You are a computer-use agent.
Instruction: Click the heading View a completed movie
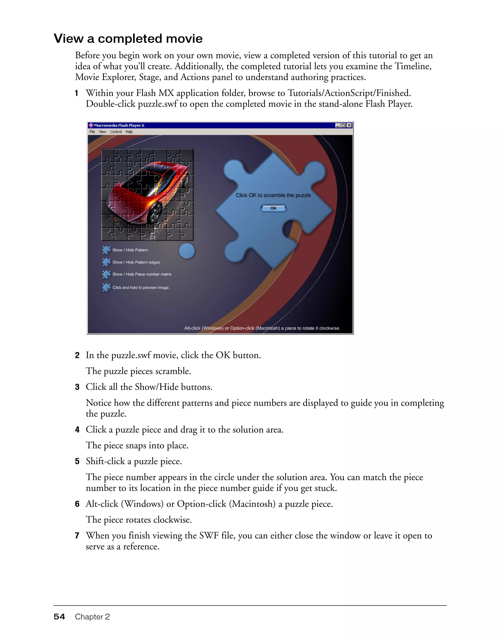128,39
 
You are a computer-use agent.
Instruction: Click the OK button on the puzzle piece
273,208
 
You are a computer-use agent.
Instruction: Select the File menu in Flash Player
92,132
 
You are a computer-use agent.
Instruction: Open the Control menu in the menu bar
116,132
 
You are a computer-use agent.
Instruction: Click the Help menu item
129,132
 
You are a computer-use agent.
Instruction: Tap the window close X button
349,125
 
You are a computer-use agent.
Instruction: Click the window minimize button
338,125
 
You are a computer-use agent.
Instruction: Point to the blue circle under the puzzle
187,251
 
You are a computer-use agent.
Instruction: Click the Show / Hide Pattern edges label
136,262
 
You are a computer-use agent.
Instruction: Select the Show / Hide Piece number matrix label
142,274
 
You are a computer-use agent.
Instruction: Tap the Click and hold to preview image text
141,287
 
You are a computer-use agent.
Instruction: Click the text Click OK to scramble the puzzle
273,195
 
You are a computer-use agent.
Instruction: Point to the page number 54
59,617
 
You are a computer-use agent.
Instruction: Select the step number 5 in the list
77,462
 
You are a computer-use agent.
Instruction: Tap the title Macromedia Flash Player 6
119,125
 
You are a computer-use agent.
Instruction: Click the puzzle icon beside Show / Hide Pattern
106,250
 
